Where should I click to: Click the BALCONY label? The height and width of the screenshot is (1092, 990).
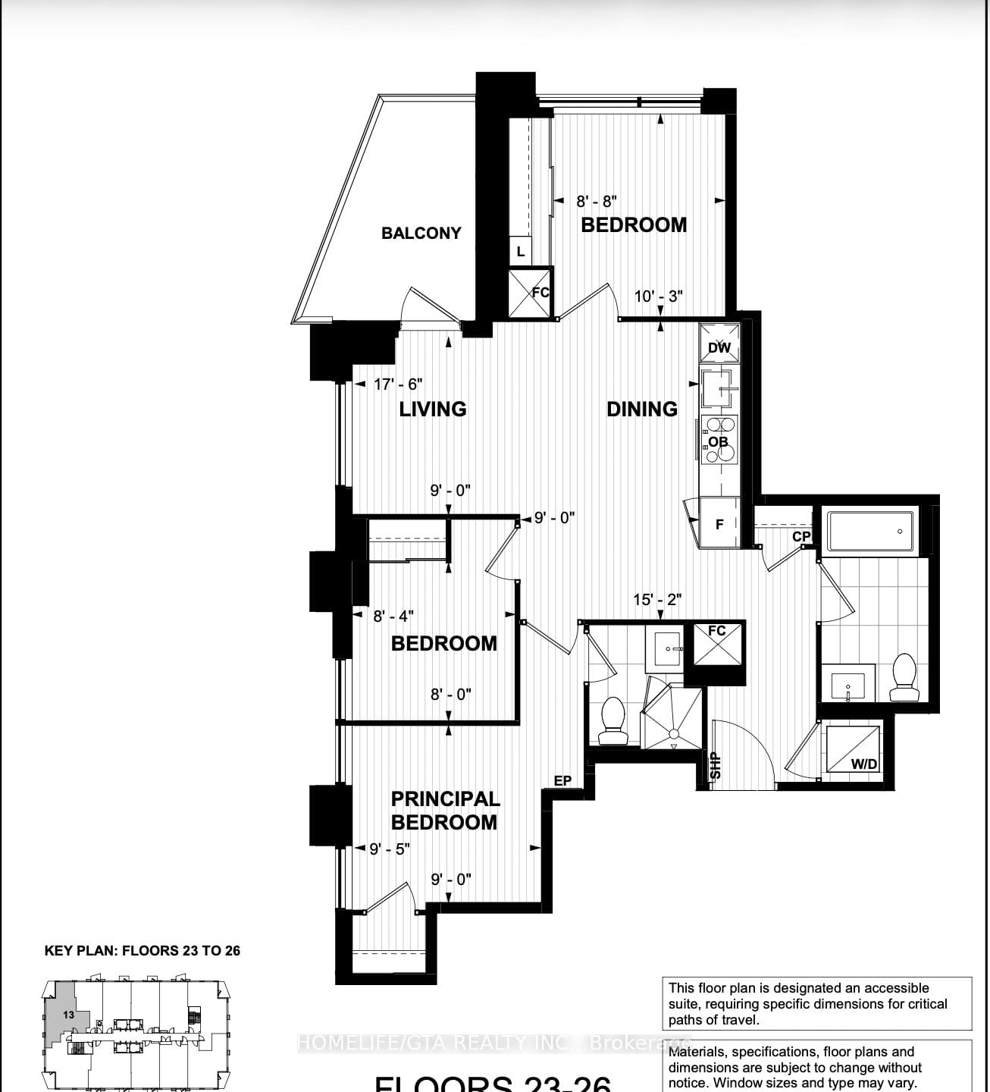pyautogui.click(x=421, y=233)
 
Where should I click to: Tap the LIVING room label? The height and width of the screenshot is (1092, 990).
pyautogui.click(x=432, y=409)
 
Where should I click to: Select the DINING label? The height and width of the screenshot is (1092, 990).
pyautogui.click(x=641, y=409)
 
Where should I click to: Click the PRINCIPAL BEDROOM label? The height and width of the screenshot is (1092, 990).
pyautogui.click(x=445, y=810)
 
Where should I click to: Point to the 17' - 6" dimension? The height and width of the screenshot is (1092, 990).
pyautogui.click(x=398, y=384)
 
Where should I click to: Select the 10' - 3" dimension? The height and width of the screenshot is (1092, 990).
pyautogui.click(x=659, y=296)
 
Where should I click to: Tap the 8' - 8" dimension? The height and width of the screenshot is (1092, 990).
pyautogui.click(x=597, y=201)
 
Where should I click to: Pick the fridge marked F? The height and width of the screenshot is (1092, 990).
pyautogui.click(x=719, y=523)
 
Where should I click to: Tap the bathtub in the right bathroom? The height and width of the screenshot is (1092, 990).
pyautogui.click(x=870, y=532)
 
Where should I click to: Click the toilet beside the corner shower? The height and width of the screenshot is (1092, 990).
pyautogui.click(x=612, y=722)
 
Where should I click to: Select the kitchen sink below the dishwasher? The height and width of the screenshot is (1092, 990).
pyautogui.click(x=718, y=390)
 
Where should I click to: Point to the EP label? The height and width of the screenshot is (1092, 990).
pyautogui.click(x=562, y=780)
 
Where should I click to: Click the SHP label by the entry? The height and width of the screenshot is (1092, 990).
pyautogui.click(x=715, y=765)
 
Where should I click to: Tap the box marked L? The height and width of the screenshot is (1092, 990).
pyautogui.click(x=521, y=251)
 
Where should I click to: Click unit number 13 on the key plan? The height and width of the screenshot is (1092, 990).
pyautogui.click(x=68, y=1014)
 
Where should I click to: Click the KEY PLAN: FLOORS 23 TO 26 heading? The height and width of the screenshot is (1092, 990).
pyautogui.click(x=143, y=951)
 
